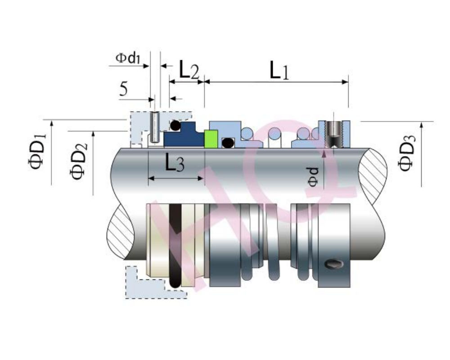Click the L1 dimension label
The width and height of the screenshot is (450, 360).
[x=279, y=71]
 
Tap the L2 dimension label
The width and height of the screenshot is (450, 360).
[x=189, y=70]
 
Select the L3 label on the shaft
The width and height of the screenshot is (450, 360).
[x=175, y=163]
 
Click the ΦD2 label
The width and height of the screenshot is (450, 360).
[x=78, y=161]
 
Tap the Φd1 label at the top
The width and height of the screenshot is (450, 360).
[x=128, y=58]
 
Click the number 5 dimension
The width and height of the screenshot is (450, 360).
[x=123, y=89]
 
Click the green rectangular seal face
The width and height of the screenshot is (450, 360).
[x=211, y=139]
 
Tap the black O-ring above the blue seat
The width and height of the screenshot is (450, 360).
[x=175, y=126]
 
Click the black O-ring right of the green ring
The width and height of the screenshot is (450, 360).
[x=228, y=143]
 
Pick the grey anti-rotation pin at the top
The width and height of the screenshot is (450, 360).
[x=155, y=127]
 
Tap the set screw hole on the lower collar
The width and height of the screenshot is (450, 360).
[x=334, y=264]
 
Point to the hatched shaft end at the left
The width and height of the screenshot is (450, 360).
[x=121, y=231]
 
